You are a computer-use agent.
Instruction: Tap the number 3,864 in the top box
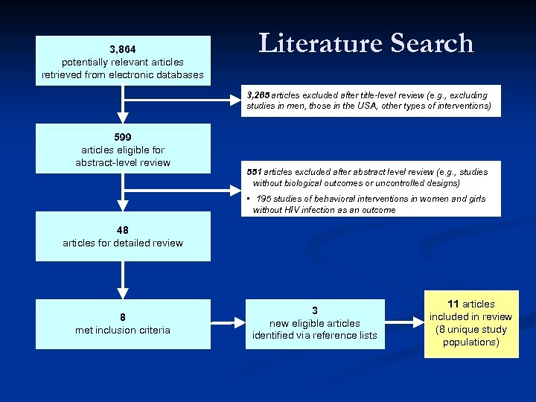point(123,48)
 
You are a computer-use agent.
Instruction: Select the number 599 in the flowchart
point(123,137)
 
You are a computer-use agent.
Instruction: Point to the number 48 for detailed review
point(123,230)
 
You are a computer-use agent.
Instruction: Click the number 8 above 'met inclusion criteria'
point(123,316)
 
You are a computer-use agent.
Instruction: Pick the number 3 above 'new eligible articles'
point(315,310)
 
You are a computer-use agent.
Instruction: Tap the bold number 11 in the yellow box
point(454,304)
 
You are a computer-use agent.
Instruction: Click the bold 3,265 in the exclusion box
point(258,95)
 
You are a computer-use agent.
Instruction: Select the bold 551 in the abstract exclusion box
point(255,172)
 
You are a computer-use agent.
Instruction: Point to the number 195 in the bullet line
point(264,199)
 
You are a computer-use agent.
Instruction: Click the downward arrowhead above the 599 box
point(123,117)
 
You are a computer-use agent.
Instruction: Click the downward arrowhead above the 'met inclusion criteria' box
point(123,293)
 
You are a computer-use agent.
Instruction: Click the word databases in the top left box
point(179,74)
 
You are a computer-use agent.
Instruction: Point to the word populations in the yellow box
point(471,342)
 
